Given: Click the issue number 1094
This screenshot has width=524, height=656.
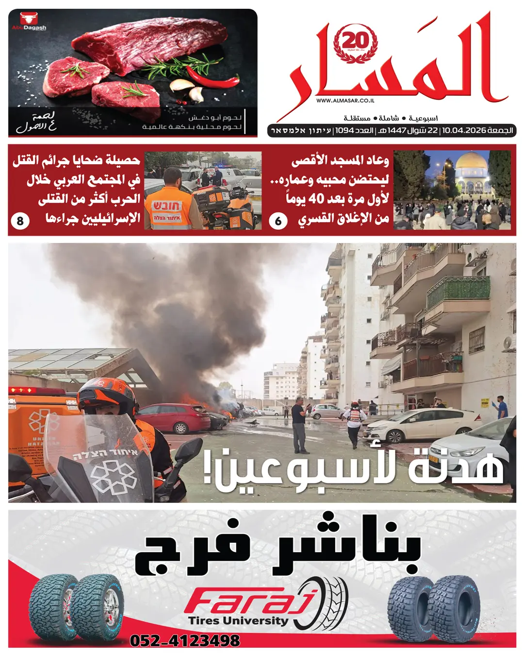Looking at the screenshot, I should (x=344, y=131).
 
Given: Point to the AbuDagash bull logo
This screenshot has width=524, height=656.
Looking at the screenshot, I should (x=29, y=22).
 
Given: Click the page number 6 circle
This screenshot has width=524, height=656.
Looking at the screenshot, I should (x=278, y=221).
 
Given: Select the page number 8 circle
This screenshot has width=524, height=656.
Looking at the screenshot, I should (x=20, y=221).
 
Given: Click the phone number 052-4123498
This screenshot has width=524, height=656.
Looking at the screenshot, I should (x=185, y=640).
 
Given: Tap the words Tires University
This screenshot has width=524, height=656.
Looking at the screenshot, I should (x=238, y=621).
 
